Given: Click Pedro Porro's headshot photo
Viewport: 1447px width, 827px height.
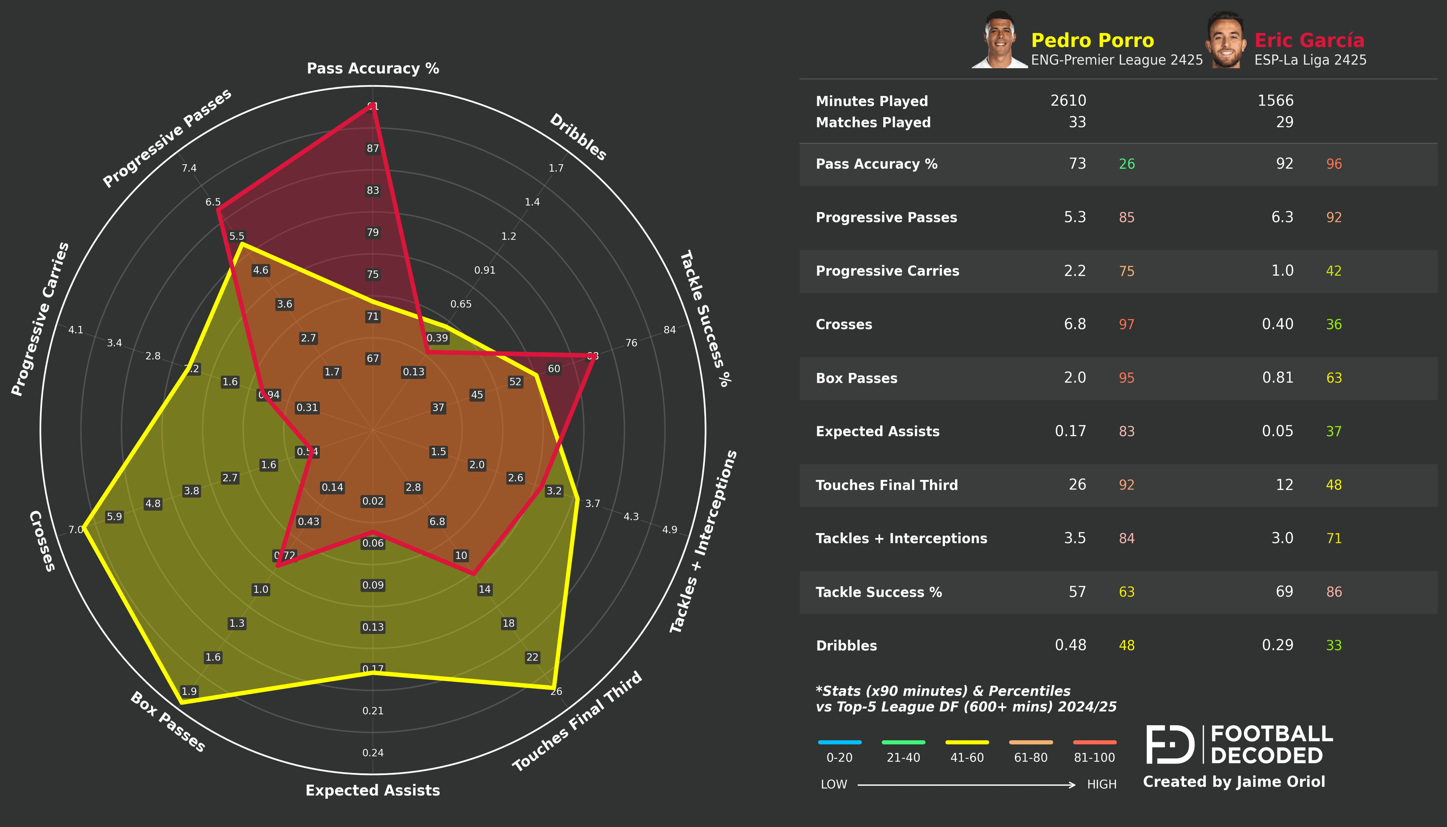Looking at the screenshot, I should (x=999, y=40).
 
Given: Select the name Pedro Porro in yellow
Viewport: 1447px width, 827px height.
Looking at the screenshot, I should (x=1092, y=40).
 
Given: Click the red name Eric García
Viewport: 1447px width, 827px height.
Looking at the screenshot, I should (x=1309, y=40).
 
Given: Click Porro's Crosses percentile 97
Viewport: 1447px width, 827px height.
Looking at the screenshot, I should (x=1126, y=324).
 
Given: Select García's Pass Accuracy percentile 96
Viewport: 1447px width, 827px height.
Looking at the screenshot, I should (x=1334, y=164).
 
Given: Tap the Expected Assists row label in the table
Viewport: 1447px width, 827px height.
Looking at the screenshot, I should (x=877, y=432).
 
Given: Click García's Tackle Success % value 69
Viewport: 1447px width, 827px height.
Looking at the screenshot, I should (x=1284, y=592).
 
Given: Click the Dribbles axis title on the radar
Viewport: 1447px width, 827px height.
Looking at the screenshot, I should (x=578, y=137).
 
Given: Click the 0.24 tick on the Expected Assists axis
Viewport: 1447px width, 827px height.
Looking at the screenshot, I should (x=373, y=753).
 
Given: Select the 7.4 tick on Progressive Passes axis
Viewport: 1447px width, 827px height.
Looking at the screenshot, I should (x=189, y=168).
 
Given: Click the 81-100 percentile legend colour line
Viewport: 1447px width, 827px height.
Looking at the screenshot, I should (x=1094, y=742).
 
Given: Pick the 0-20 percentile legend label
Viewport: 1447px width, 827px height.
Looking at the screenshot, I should (x=839, y=758).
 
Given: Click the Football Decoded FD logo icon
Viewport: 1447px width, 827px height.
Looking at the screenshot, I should (x=1170, y=744).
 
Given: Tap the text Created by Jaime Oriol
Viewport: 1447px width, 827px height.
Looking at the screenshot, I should (x=1233, y=782).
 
